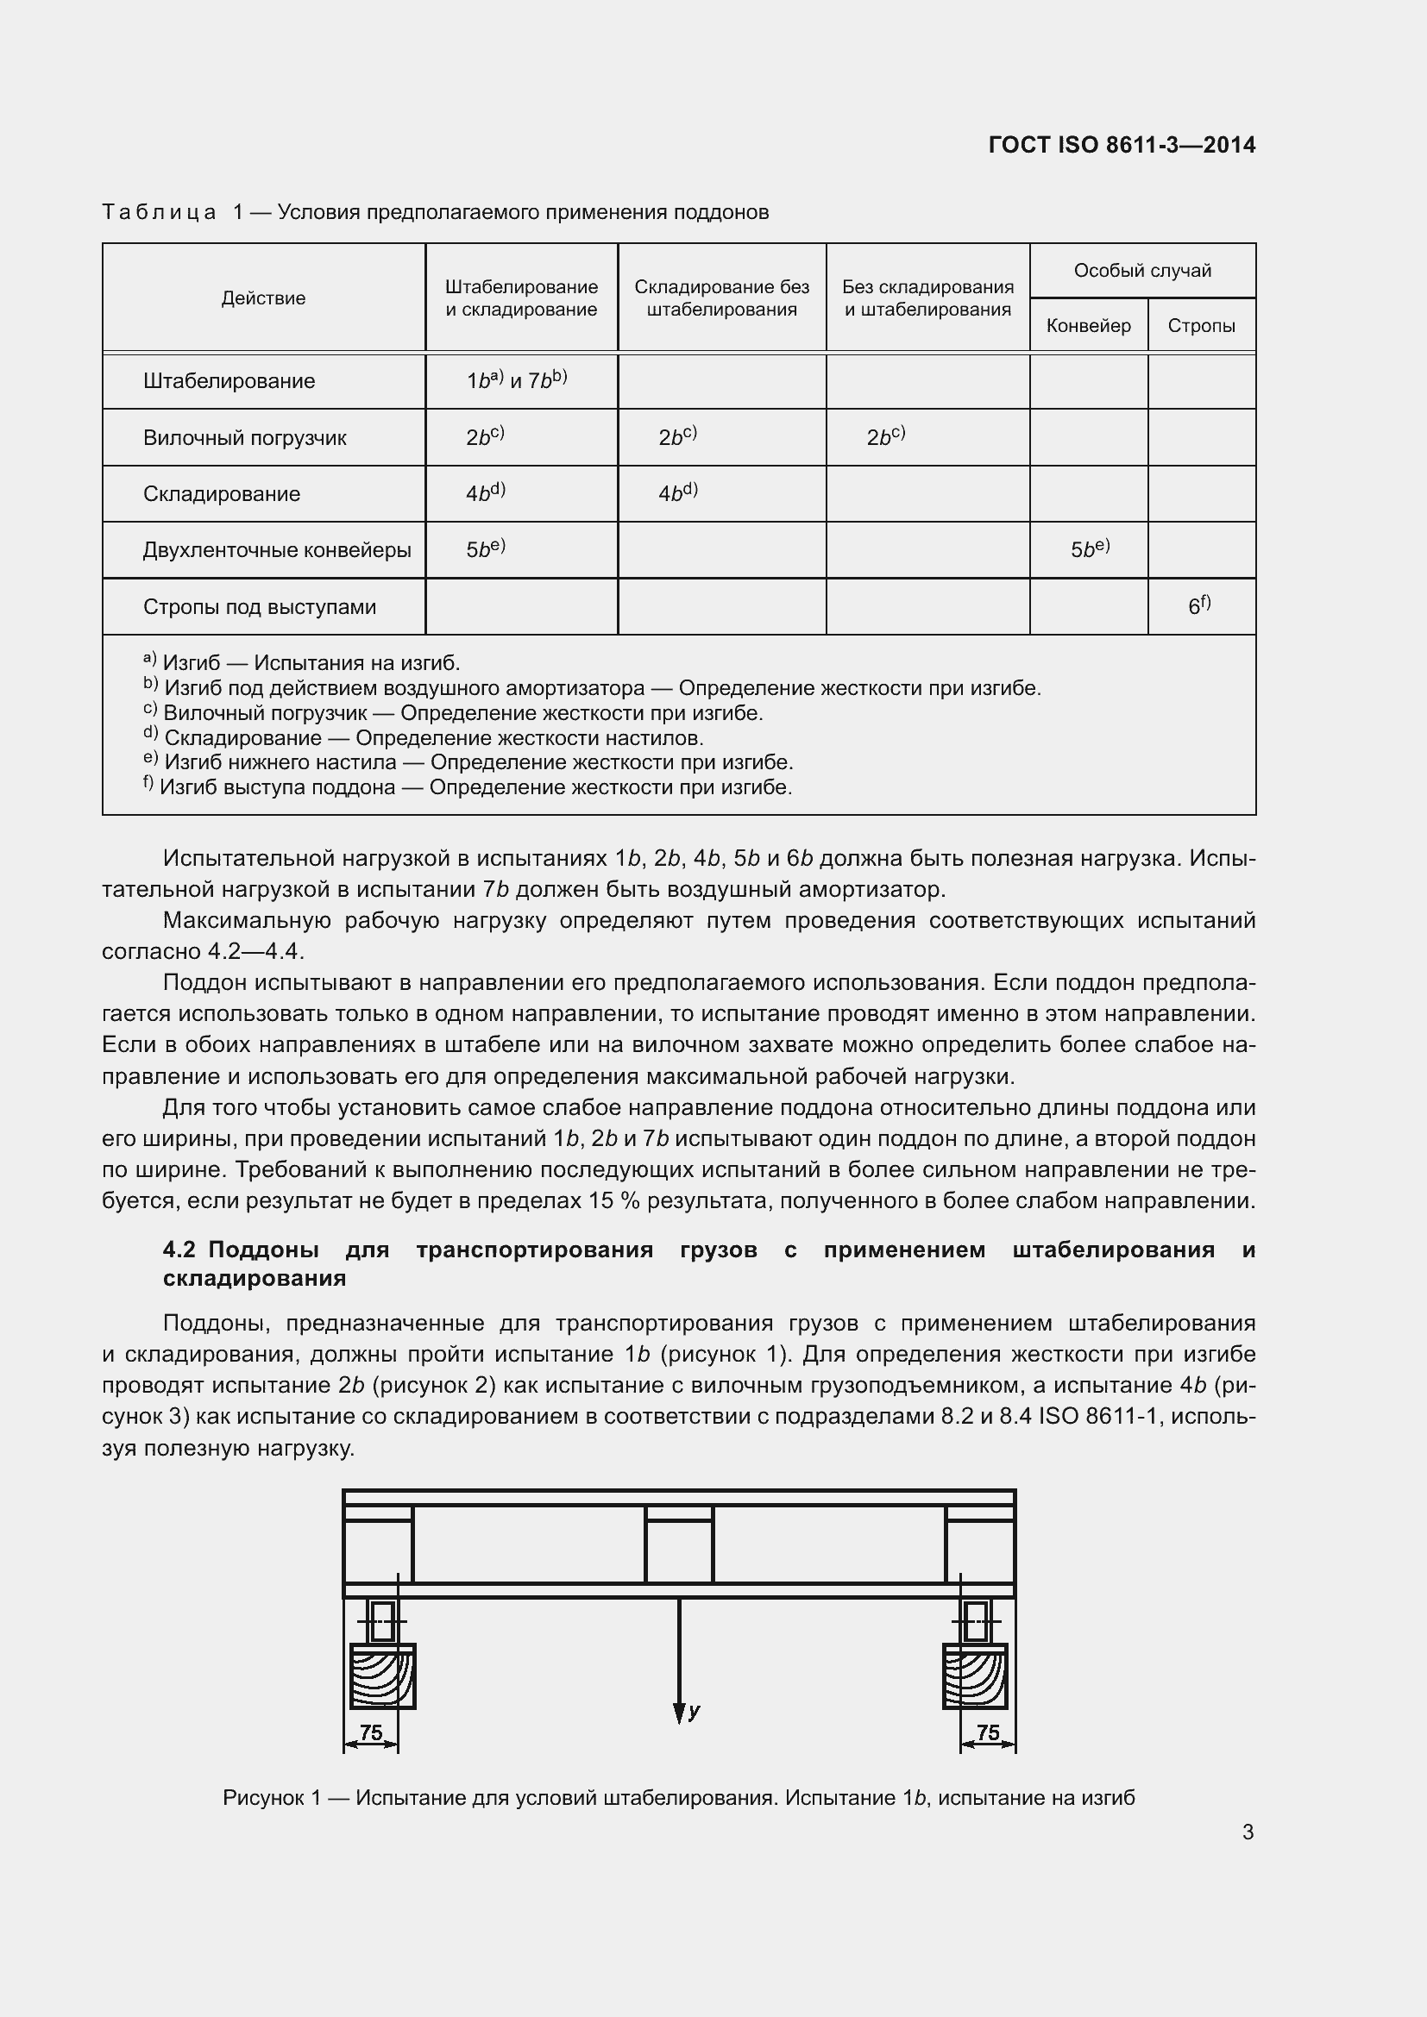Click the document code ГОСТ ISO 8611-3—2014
point(1122,145)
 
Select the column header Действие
point(263,298)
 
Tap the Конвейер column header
point(1088,326)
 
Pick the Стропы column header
point(1200,326)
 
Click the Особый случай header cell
point(1141,271)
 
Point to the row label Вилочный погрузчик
point(244,437)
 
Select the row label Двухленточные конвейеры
point(277,551)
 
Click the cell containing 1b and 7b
point(517,380)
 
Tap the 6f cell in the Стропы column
point(1199,605)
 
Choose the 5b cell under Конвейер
point(1090,550)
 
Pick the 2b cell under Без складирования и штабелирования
point(885,436)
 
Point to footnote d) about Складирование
point(424,738)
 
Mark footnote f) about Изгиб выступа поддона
point(468,787)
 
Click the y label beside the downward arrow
point(694,1710)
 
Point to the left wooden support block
point(382,1676)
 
